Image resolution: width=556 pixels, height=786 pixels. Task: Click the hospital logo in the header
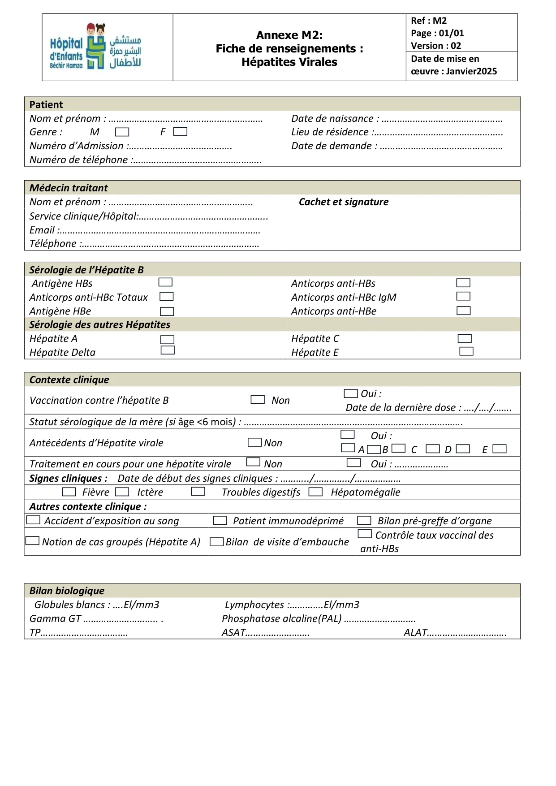pyautogui.click(x=95, y=47)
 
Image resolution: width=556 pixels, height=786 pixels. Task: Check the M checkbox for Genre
pyautogui.click(x=122, y=132)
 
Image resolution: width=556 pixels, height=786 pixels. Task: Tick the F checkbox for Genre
pyautogui.click(x=180, y=132)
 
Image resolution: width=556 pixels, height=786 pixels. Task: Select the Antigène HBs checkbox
pyautogui.click(x=165, y=282)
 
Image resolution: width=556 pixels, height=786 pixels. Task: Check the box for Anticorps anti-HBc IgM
pyautogui.click(x=463, y=296)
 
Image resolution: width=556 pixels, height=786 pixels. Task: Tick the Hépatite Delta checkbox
pyautogui.click(x=168, y=350)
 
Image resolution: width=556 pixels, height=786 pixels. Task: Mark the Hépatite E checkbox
pyautogui.click(x=466, y=351)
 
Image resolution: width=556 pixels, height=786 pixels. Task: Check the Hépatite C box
pyautogui.click(x=465, y=339)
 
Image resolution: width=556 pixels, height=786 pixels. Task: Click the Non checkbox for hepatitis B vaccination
pyautogui.click(x=258, y=399)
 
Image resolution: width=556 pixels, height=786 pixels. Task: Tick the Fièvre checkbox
pyautogui.click(x=69, y=492)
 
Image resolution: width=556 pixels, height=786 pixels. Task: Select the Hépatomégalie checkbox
pyautogui.click(x=315, y=492)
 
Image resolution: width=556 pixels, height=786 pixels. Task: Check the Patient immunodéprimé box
pyautogui.click(x=220, y=521)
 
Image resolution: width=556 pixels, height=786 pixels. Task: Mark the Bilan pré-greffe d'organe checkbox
pyautogui.click(x=364, y=521)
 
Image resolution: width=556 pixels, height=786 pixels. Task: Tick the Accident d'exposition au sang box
pyautogui.click(x=34, y=520)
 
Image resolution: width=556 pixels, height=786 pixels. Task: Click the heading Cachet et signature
pyautogui.click(x=344, y=202)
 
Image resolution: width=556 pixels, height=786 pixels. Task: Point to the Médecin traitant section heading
pyautogui.click(x=69, y=188)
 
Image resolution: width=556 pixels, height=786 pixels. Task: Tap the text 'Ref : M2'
pyautogui.click(x=429, y=21)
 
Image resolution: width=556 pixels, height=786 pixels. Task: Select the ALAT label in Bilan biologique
pyautogui.click(x=415, y=633)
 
